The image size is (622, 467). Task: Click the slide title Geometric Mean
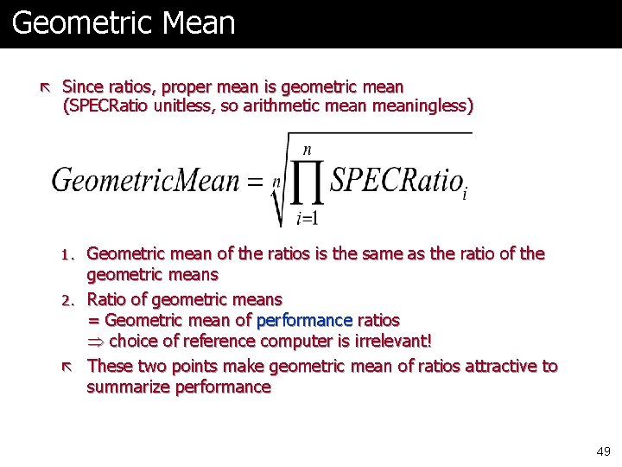click(124, 22)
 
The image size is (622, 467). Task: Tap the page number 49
click(603, 451)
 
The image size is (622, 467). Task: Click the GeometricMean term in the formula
click(145, 181)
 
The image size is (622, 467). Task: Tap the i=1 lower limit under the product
click(307, 218)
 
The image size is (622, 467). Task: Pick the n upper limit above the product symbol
click(307, 149)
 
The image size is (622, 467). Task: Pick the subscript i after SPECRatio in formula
click(465, 195)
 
